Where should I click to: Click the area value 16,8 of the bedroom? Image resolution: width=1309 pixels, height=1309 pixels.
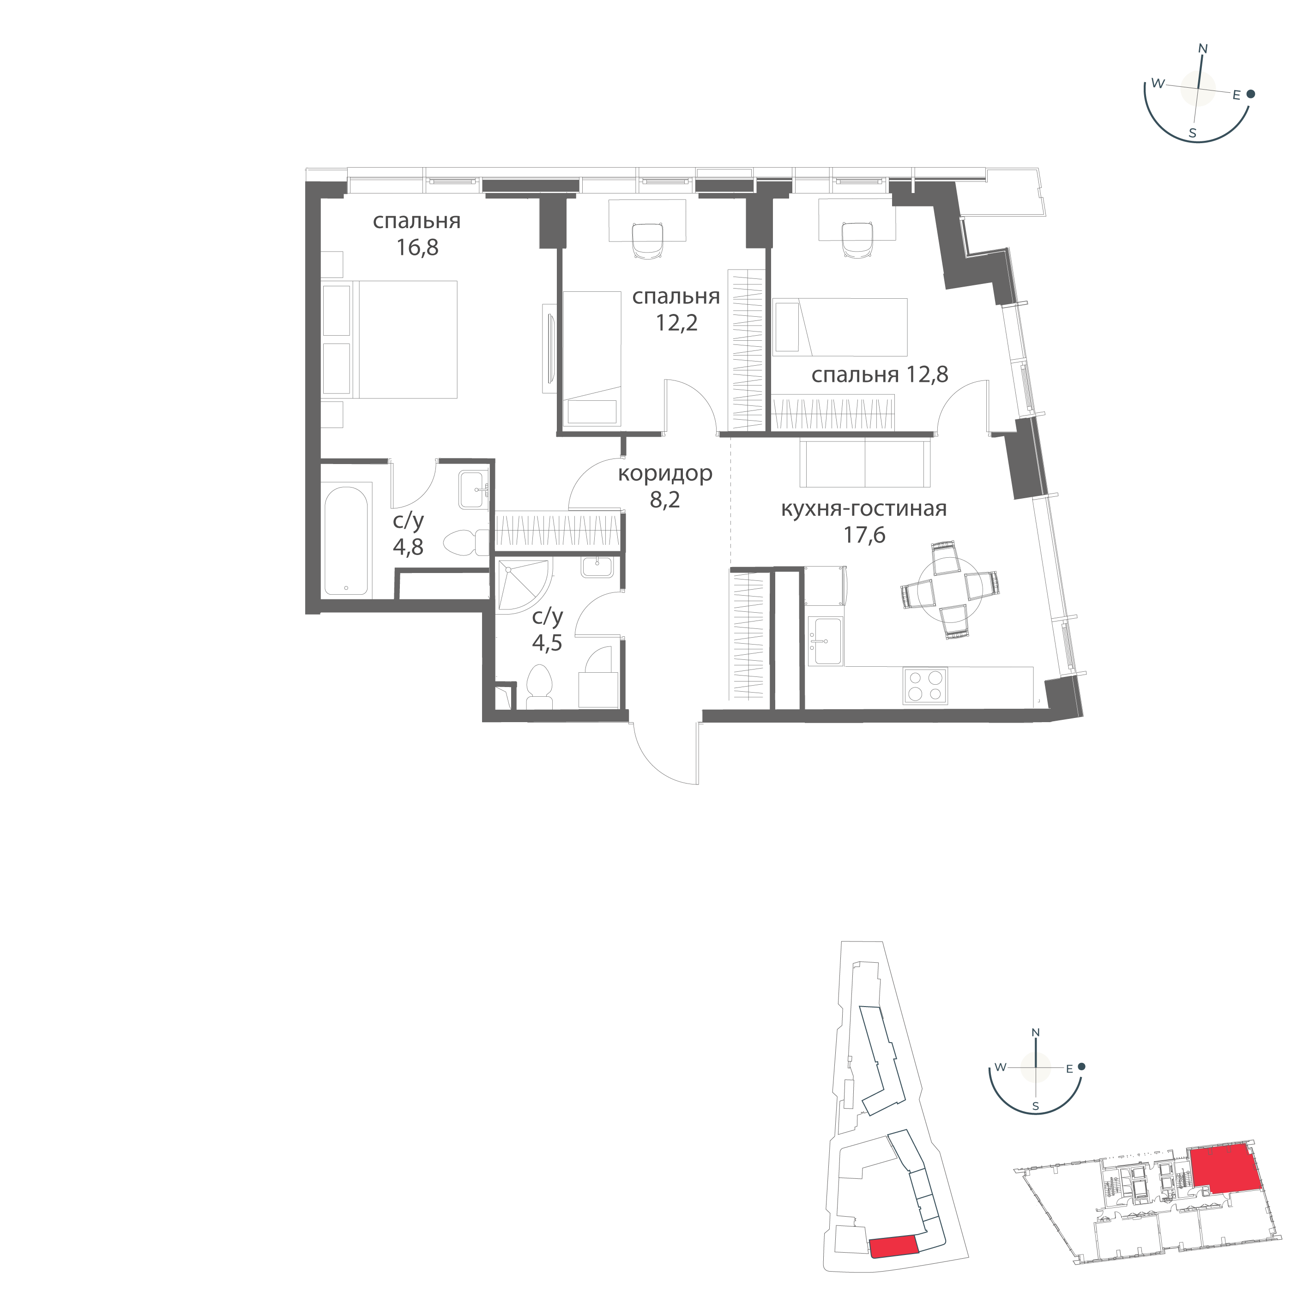[417, 248]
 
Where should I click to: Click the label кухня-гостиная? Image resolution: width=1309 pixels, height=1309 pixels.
[864, 508]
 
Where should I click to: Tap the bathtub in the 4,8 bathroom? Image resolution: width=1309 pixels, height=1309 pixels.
[346, 541]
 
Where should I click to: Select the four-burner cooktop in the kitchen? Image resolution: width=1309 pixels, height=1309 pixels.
[925, 686]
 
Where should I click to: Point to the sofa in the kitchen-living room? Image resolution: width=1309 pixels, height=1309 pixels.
[864, 463]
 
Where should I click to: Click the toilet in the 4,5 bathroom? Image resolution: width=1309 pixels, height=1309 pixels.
[540, 686]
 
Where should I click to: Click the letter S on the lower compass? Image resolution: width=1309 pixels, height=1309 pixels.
[1035, 1106]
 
